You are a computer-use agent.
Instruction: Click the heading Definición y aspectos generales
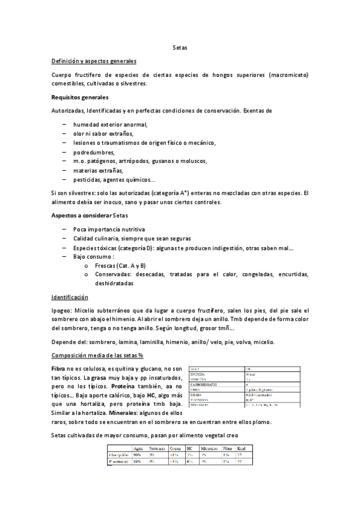94,61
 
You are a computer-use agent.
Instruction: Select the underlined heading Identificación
70,297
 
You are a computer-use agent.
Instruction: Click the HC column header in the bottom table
189,449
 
